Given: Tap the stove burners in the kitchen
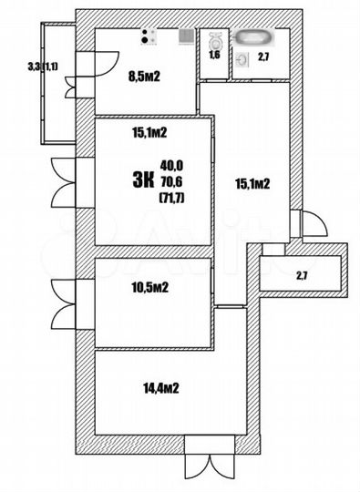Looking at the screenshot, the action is [149, 37].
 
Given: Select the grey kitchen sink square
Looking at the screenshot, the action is [185, 37].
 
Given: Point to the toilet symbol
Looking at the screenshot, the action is [216, 41].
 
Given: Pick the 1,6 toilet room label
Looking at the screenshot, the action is [215, 57].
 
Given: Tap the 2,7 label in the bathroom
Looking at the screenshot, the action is [262, 58].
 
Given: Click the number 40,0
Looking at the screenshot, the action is [171, 165].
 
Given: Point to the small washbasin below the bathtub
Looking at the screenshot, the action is [242, 56].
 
